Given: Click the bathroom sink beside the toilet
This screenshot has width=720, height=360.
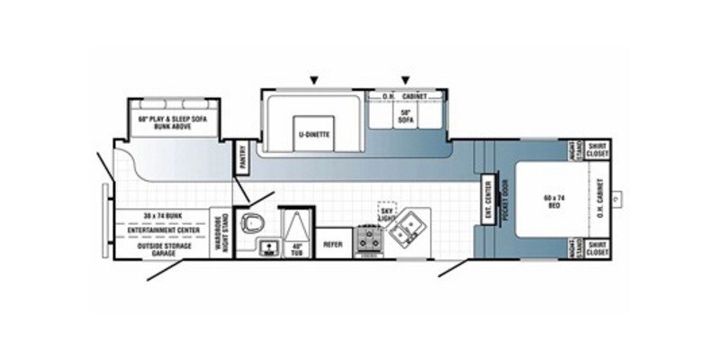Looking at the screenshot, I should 266,246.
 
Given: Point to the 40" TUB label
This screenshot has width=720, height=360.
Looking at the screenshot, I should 295,249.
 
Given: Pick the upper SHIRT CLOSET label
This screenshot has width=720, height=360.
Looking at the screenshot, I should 597,150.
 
